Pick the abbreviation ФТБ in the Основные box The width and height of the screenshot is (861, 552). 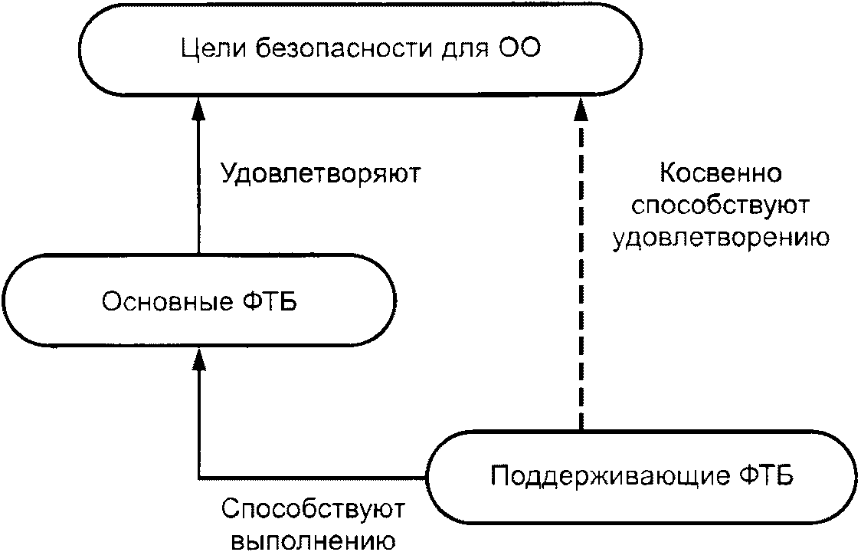[270, 302]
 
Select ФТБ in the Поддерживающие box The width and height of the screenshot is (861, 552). [767, 475]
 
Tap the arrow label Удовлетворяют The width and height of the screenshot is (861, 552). [321, 174]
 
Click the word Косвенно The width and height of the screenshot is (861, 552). [720, 173]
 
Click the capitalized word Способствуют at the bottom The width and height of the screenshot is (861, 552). [313, 510]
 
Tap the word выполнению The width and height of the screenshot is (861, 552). [313, 540]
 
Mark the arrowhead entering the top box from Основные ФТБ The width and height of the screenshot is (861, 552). [199, 108]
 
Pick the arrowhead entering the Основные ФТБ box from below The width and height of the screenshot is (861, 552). [199, 358]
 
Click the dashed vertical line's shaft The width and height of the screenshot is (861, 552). [581, 275]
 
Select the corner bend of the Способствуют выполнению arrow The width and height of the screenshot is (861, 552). [199, 477]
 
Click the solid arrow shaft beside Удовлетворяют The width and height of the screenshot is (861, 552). [199, 187]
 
